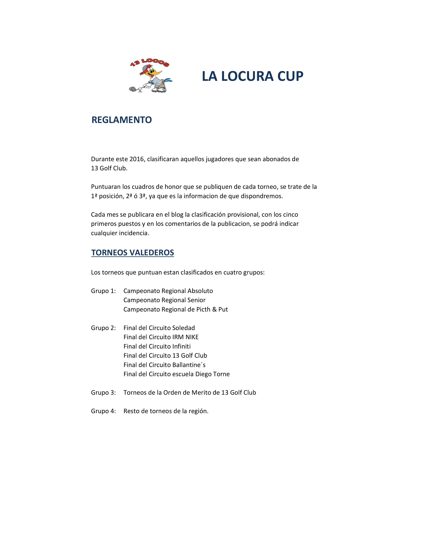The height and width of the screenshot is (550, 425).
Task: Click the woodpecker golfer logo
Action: pos(150,75)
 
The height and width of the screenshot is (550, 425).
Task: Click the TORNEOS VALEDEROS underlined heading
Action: pos(132,253)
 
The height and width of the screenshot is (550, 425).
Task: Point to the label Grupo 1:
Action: pos(103,291)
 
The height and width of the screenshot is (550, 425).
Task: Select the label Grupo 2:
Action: pos(103,328)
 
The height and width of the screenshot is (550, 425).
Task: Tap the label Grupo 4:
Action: pos(103,411)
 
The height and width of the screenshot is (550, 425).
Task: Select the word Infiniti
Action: pos(181,346)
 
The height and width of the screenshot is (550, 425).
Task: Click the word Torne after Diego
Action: pos(221,374)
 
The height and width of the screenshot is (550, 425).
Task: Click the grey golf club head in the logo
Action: pos(132,89)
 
